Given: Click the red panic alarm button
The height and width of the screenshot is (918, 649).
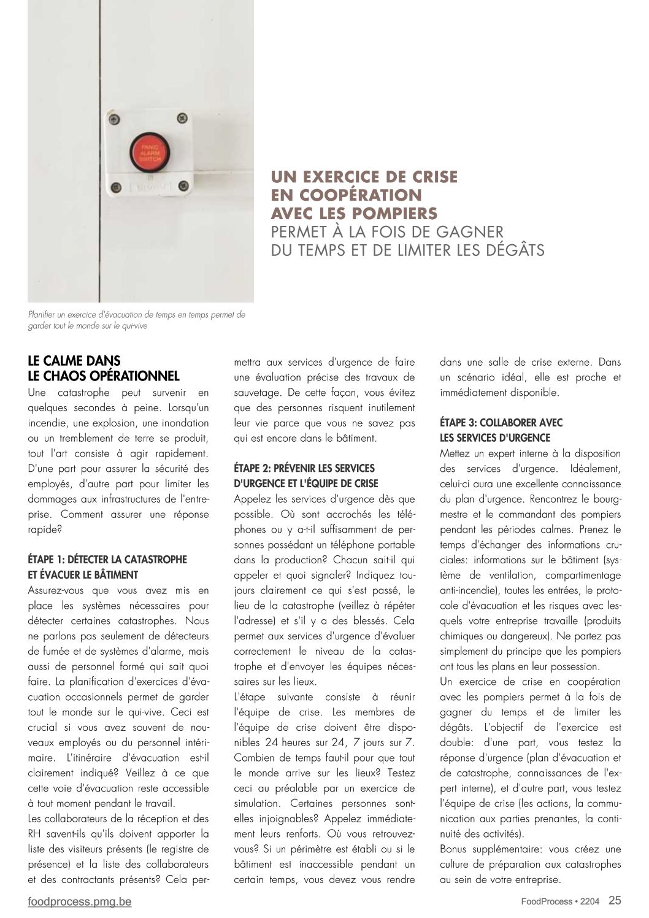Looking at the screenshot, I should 149,152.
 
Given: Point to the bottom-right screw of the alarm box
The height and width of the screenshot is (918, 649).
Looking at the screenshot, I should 183,185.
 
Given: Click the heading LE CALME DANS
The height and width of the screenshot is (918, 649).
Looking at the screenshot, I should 74,360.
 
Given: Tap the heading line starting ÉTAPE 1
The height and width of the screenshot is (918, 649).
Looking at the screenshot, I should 107,560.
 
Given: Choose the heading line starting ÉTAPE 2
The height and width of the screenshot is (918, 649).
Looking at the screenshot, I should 304,468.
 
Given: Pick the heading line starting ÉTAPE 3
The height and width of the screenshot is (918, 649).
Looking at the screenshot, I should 501,423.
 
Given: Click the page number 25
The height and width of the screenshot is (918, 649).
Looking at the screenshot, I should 615,900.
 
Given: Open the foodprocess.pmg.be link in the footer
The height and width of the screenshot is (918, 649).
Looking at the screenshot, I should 80,901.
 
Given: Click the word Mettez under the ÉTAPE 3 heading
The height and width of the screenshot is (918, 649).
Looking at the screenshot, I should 455,453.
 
